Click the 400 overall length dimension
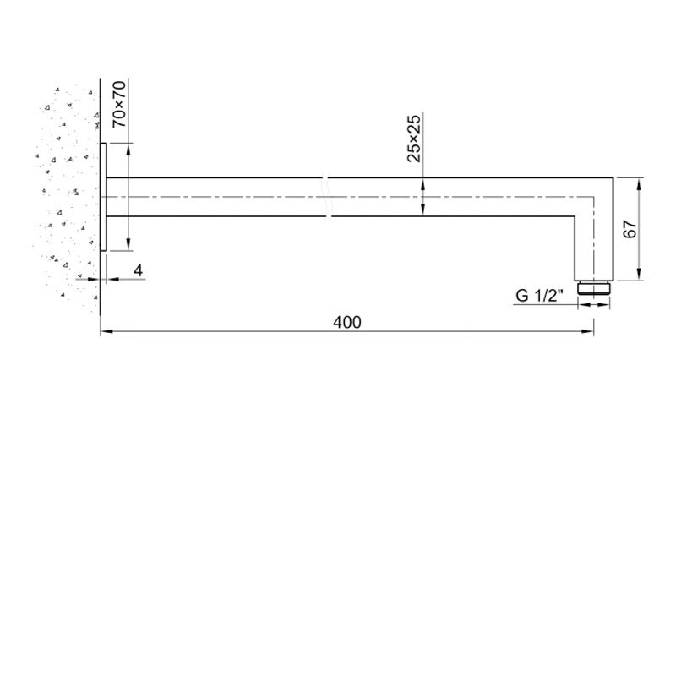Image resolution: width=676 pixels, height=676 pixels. click(346, 322)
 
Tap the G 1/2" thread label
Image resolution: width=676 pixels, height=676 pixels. click(538, 296)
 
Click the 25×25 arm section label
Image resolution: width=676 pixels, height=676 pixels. click(414, 139)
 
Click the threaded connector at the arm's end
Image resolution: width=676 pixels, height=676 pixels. click(593, 286)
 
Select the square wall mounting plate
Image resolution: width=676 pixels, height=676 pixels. click(104, 196)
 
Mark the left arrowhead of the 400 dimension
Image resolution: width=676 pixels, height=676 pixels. click(105, 334)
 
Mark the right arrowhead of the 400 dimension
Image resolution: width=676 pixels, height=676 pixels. click(589, 334)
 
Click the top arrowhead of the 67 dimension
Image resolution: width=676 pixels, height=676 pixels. click(640, 182)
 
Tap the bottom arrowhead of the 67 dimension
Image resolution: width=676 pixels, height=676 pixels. click(640, 275)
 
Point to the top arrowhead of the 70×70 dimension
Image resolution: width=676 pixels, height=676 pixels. click(128, 148)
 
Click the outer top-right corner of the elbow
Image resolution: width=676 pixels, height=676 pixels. click(611, 177)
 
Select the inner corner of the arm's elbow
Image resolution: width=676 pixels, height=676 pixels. click(575, 216)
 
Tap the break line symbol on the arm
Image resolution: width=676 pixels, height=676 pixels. click(328, 196)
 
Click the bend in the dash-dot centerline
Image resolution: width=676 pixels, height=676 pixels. click(593, 197)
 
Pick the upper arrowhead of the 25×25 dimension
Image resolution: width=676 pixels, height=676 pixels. click(423, 182)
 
